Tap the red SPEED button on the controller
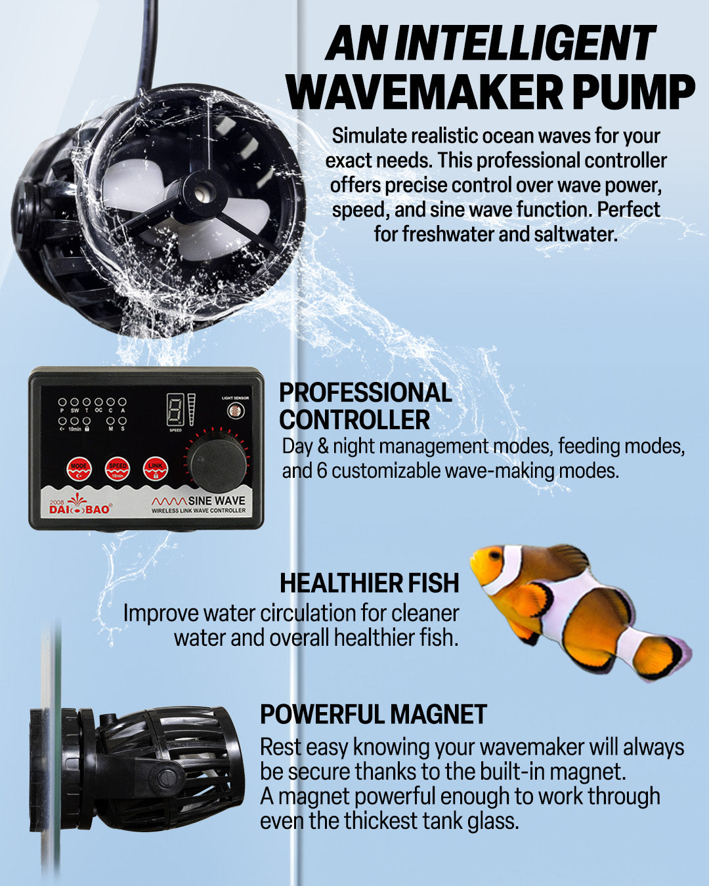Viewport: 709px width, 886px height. coord(117,469)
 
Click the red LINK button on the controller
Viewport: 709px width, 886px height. coord(155,469)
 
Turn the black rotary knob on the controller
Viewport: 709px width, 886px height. coord(217,463)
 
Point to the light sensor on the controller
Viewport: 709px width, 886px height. coord(234,411)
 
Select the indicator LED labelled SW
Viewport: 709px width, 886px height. coord(74,402)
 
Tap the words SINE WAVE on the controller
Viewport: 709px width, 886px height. coord(216,500)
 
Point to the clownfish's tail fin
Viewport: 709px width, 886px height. coord(660,656)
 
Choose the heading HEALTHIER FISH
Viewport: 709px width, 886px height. coord(369,583)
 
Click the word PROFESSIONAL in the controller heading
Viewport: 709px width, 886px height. coord(365,392)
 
